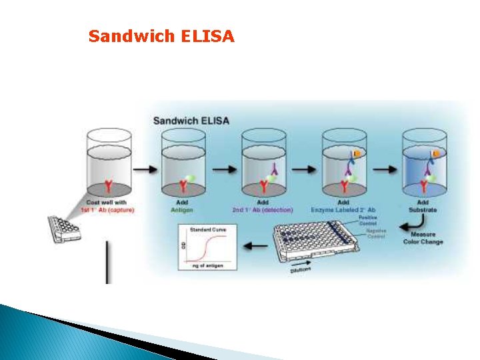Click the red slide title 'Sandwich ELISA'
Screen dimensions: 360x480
pyautogui.click(x=161, y=36)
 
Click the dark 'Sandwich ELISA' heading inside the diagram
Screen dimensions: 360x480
pyautogui.click(x=191, y=121)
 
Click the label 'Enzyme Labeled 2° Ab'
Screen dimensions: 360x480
pyautogui.click(x=344, y=211)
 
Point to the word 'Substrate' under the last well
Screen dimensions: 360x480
pyautogui.click(x=423, y=211)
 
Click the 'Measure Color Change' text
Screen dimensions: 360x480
pyautogui.click(x=423, y=238)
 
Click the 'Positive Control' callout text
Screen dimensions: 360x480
pyautogui.click(x=367, y=220)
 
